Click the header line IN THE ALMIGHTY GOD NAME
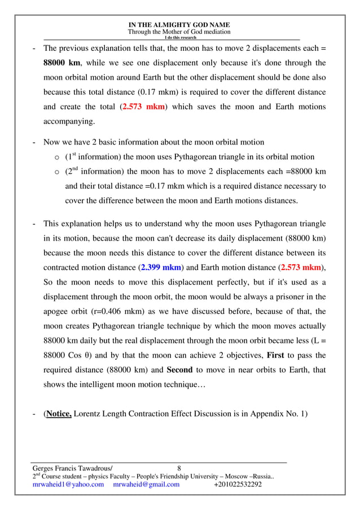tap(179, 25)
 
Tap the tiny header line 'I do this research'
tap(179, 38)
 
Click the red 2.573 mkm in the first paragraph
tap(144, 107)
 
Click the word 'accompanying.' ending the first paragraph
tap(69, 121)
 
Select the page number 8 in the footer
tap(179, 468)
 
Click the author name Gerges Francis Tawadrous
tap(72, 468)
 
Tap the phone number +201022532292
tap(238, 485)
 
